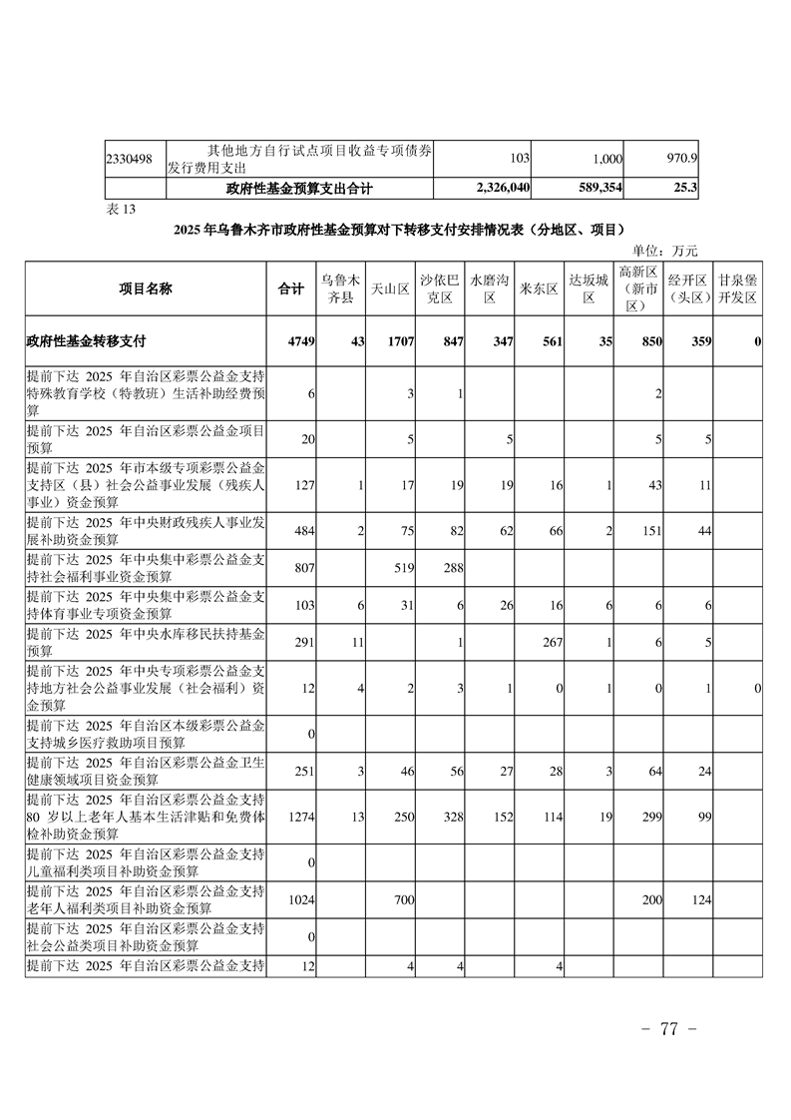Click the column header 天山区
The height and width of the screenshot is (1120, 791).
(391, 288)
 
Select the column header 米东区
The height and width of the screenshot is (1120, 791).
(540, 288)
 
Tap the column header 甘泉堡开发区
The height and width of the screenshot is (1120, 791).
(738, 288)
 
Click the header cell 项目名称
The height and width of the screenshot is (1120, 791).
(146, 288)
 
